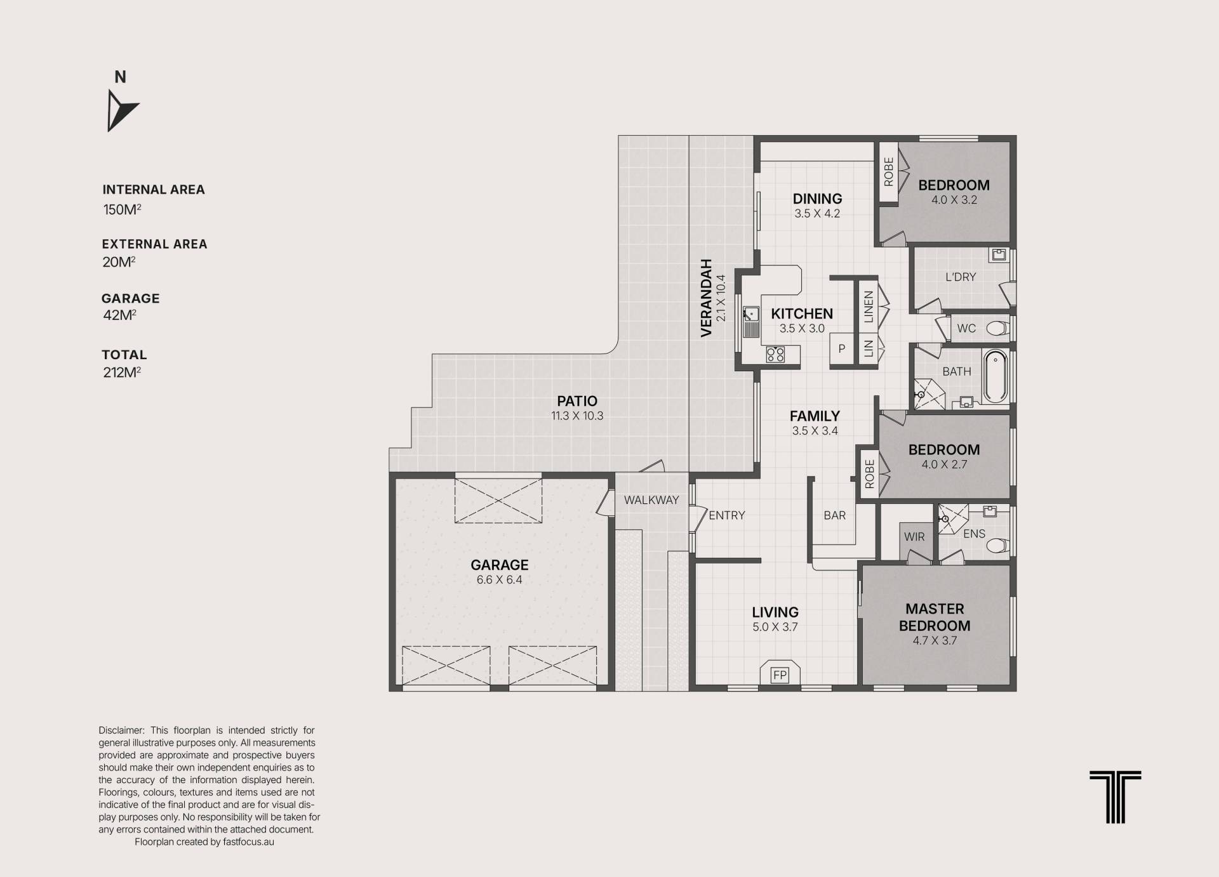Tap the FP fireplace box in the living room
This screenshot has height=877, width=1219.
pyautogui.click(x=779, y=675)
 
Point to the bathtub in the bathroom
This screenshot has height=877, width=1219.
pyautogui.click(x=995, y=376)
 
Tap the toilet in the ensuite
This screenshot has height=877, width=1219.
pyautogui.click(x=997, y=546)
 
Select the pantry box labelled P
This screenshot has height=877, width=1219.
pyautogui.click(x=842, y=348)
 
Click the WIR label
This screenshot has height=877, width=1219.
pyautogui.click(x=914, y=537)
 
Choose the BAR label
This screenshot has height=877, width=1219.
pyautogui.click(x=834, y=515)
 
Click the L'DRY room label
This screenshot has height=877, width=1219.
pyautogui.click(x=961, y=277)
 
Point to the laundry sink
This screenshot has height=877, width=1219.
pyautogui.click(x=999, y=255)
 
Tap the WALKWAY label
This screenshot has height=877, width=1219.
pyautogui.click(x=651, y=500)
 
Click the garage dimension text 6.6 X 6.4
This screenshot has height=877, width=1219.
pyautogui.click(x=500, y=579)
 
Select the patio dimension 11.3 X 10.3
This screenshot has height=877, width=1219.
pyautogui.click(x=577, y=416)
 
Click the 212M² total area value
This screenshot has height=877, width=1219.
pyautogui.click(x=122, y=373)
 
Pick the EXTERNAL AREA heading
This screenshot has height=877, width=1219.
pyautogui.click(x=154, y=244)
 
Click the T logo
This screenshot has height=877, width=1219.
pyautogui.click(x=1115, y=797)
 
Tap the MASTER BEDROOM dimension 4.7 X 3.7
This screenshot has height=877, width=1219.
pyautogui.click(x=935, y=640)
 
